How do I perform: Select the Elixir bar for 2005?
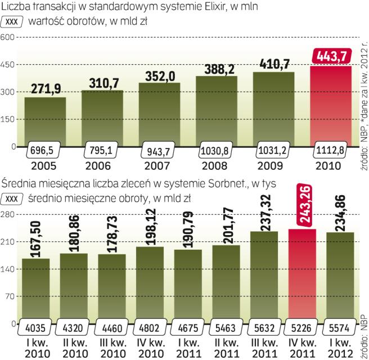point(45,121)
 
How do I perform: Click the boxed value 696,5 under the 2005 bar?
point(45,153)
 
